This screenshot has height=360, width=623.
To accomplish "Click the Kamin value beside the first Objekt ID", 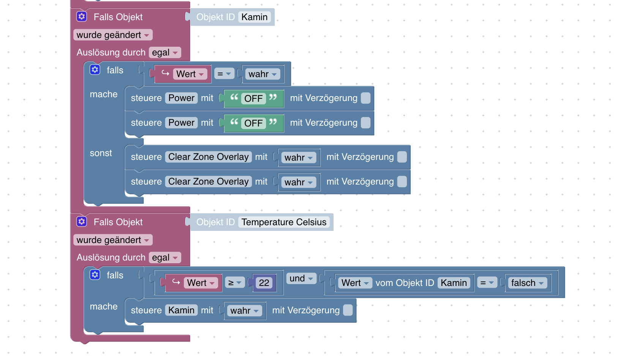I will pos(255,17).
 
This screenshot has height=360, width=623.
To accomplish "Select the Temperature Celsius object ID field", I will pos(284,222).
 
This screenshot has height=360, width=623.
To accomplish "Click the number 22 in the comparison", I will pos(264,283).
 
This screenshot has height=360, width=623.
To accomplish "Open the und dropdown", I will pos(301,278).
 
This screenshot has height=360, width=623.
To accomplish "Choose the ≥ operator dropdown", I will pos(235,283).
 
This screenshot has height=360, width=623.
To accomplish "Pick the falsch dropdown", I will pos(527,283).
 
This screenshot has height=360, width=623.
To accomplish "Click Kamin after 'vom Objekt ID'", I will pos(454,283).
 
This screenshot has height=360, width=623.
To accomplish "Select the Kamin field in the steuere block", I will pos(181,310).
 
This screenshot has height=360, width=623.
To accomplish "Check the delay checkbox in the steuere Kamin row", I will pos(348,310).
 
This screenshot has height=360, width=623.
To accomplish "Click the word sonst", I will pos(101,153).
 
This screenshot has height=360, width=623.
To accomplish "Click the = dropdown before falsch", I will pos(487,283).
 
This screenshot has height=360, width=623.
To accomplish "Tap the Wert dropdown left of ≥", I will pos(201,283).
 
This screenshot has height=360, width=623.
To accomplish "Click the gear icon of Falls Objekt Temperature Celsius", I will pos(82,222).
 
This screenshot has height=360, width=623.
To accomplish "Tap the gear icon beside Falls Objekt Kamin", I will pos(82,17).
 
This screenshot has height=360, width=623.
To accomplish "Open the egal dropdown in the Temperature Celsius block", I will pos(165,257).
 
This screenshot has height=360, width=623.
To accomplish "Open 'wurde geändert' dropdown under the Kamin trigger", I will pos(113,35).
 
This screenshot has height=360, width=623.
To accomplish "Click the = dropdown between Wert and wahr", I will pos(224,74).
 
